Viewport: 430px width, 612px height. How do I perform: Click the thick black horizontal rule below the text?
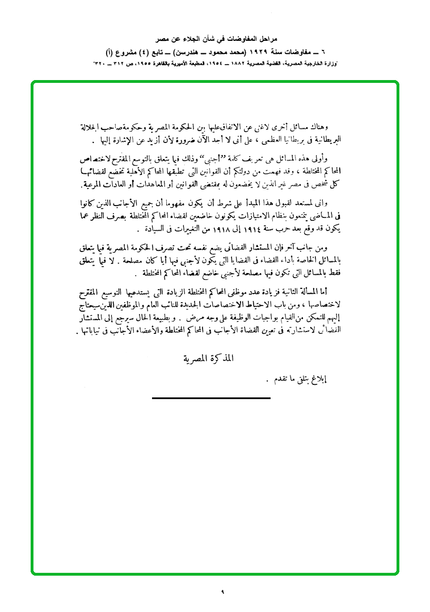coord(211,399)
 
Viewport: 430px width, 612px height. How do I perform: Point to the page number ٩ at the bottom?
coord(222,592)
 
